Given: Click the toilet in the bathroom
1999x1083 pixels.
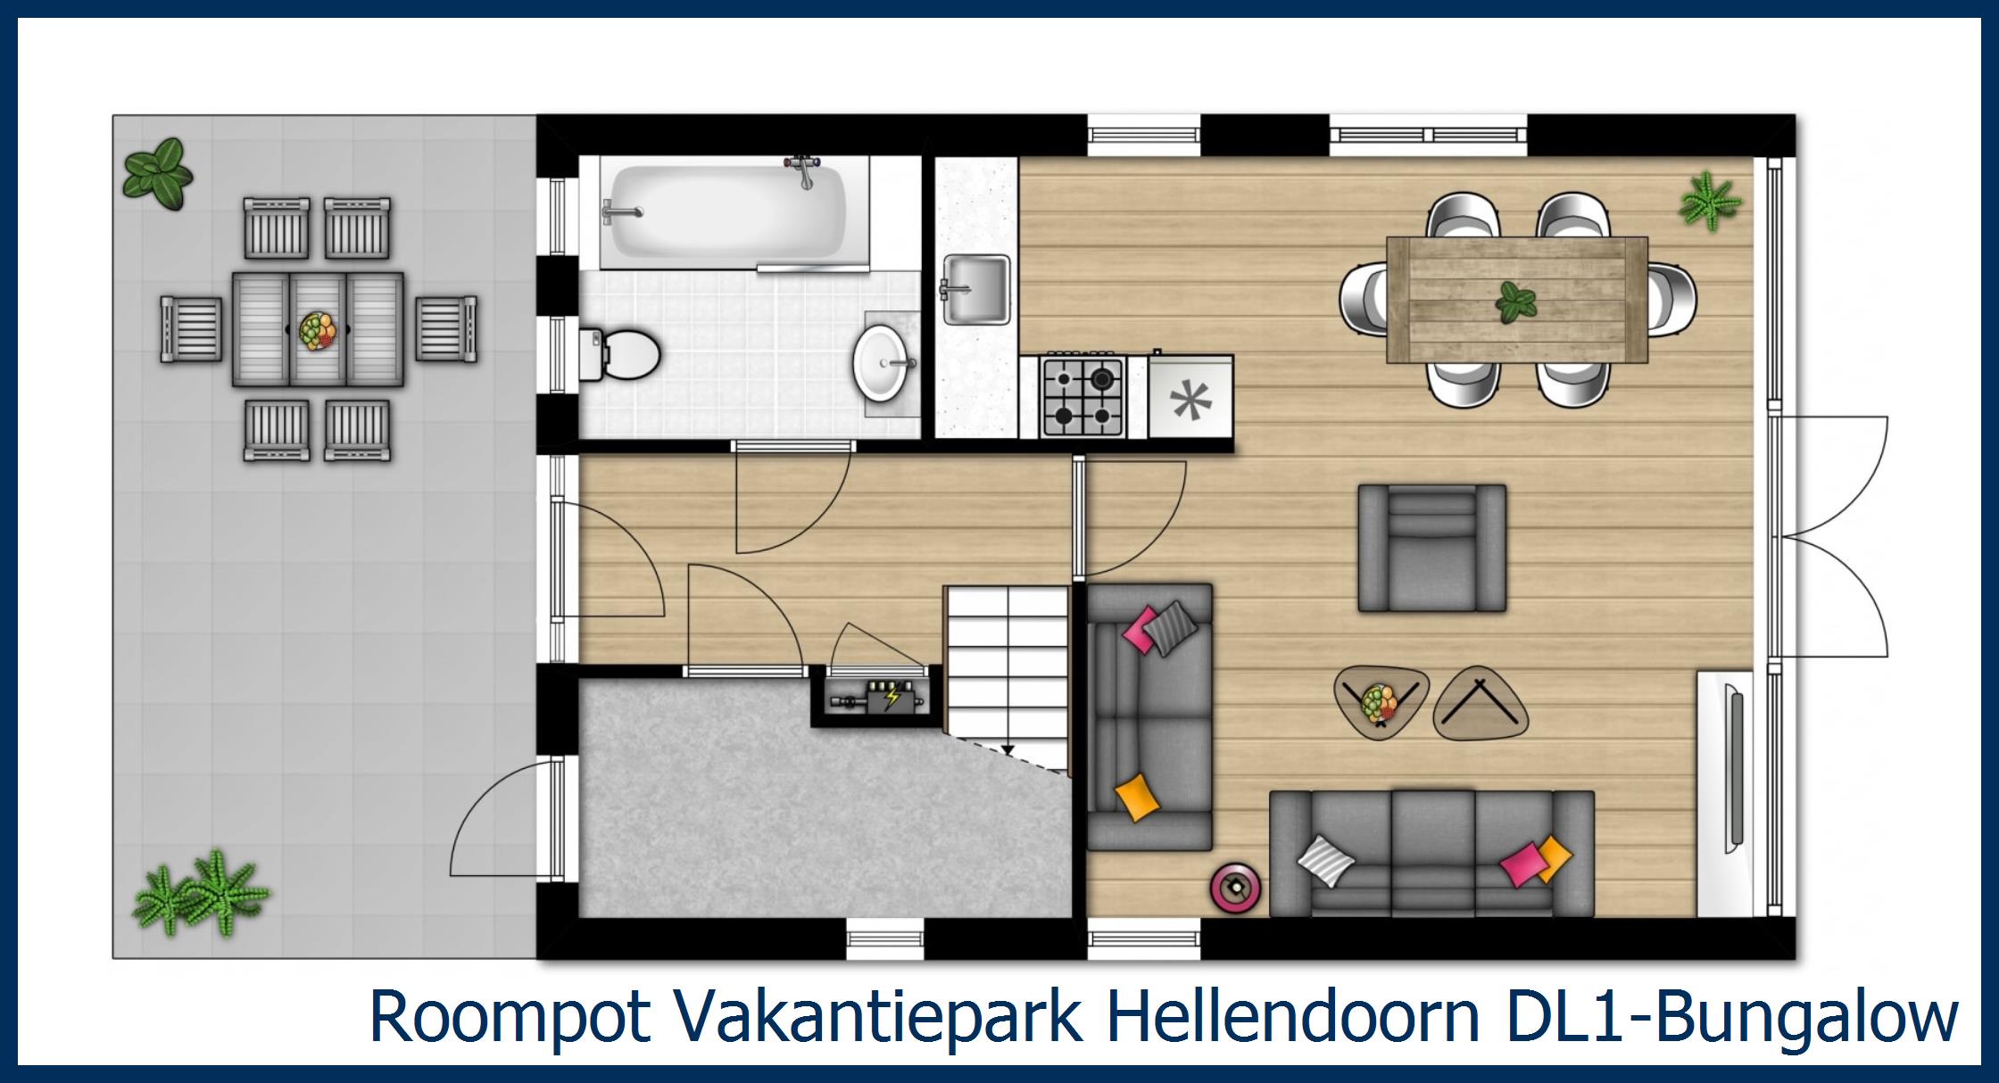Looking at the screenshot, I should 625,352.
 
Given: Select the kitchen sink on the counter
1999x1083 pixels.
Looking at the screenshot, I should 976,289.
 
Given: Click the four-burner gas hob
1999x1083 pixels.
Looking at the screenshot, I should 1082,397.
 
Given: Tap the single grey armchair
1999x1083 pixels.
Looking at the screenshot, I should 1431,548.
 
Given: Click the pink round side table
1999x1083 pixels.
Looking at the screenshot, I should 1235,886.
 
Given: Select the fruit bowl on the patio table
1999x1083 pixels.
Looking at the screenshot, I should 318,329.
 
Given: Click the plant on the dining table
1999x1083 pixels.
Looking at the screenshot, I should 1515,302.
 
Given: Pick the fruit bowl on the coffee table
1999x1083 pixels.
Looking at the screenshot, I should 1380,702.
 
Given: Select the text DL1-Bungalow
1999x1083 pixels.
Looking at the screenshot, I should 1731,1016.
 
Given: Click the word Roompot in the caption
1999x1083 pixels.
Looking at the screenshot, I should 509,1016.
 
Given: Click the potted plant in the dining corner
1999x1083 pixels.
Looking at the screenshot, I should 1708,201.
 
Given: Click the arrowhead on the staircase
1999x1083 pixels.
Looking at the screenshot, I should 1008,750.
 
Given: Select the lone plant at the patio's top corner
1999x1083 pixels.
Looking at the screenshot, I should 159,174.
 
